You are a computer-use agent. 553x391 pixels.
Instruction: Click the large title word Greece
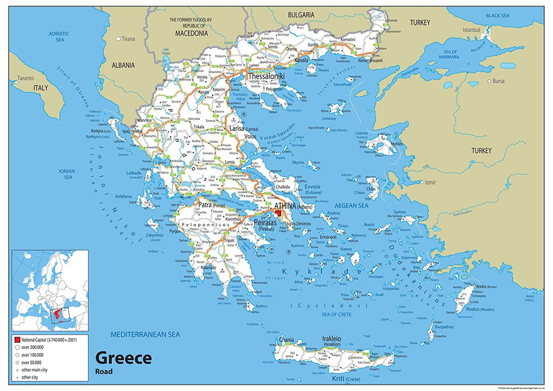(123, 358)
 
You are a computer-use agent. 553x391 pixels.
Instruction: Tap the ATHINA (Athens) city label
(295, 206)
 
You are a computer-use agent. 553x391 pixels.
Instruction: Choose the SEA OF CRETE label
(336, 314)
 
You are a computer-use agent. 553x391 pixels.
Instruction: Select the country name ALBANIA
(123, 65)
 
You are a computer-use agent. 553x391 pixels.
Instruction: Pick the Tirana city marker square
(119, 39)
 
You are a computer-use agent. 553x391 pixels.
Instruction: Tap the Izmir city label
(430, 183)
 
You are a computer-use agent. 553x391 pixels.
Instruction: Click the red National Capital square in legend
(18, 340)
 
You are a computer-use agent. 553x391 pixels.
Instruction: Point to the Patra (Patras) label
(205, 205)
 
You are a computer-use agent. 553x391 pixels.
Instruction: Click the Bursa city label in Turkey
(498, 81)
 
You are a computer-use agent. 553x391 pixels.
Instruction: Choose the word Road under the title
(104, 371)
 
